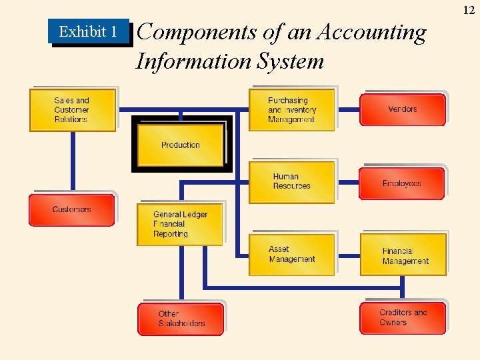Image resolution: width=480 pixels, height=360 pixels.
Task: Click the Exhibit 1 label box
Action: pos(88,31)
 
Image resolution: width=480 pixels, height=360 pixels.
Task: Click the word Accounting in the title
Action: pos(373,32)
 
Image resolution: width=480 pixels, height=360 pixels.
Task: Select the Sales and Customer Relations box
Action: pos(72,110)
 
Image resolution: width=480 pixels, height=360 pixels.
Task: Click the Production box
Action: pos(181,145)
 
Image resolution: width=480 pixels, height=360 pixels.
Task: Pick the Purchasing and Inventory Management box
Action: pos(291,110)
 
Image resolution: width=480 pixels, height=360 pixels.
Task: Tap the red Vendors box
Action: pos(402,109)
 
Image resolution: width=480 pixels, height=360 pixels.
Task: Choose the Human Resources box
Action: pos(291,181)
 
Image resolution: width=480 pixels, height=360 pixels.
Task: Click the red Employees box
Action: pos(401,183)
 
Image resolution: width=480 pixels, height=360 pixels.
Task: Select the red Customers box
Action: pos(71,210)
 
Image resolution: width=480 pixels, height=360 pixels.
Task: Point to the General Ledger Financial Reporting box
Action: pos(180,224)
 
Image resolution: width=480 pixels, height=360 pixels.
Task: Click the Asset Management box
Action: pos(291,254)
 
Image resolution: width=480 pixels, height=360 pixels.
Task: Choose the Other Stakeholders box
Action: pos(181,319)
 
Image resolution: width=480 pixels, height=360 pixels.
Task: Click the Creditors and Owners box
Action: pos(403,318)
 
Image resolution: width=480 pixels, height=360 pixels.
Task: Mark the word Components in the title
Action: pos(189,32)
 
